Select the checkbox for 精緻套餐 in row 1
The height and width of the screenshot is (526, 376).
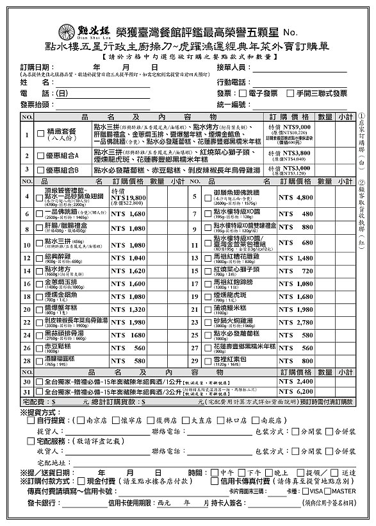[x=40, y=132]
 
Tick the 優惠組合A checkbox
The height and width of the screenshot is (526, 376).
[x=40, y=155]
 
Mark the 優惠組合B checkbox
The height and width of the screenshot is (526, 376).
[x=40, y=170]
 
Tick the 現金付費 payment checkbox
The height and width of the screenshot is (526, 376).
[x=82, y=480]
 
